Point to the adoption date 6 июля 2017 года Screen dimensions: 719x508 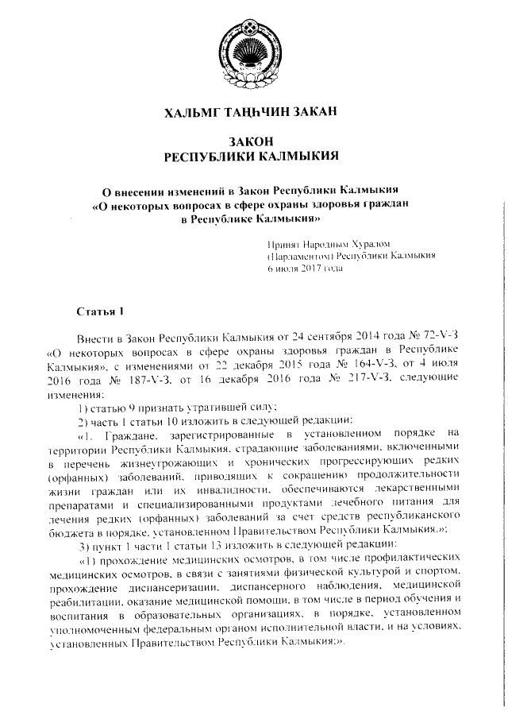pos(305,269)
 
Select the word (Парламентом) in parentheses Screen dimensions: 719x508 pos(300,257)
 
